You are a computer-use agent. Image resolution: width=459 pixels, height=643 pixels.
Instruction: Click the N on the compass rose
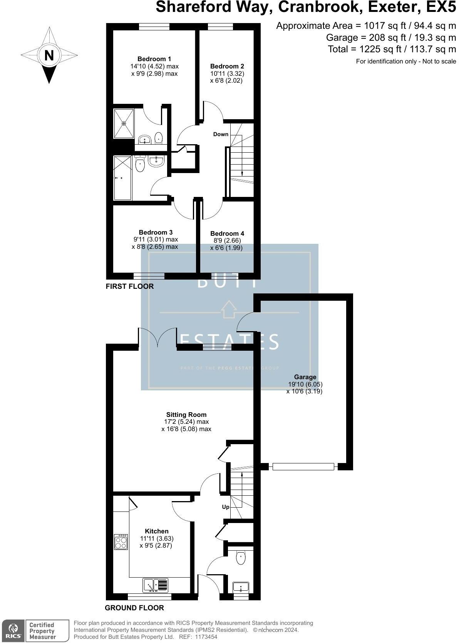[x=49, y=56]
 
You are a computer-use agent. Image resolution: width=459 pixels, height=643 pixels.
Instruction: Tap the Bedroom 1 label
[x=154, y=59]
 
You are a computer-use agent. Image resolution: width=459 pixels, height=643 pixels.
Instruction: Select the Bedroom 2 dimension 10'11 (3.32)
[x=227, y=73]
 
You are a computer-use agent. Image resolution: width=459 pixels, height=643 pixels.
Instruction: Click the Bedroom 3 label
[x=155, y=232]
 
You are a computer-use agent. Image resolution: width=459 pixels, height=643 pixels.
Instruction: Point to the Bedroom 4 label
[x=227, y=233]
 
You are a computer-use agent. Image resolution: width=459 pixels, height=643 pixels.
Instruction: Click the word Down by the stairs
[x=221, y=134]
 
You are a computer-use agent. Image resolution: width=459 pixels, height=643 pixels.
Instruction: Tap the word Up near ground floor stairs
[x=226, y=507]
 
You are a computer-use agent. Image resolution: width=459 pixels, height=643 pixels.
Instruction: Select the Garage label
[x=305, y=377]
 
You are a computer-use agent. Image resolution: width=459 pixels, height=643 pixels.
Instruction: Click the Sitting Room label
[x=186, y=415]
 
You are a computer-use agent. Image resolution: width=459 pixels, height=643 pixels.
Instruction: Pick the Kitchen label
[x=157, y=531]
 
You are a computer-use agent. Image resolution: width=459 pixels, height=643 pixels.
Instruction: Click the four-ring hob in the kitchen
[x=121, y=542]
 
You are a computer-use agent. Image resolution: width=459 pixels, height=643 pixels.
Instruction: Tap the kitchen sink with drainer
[x=156, y=585]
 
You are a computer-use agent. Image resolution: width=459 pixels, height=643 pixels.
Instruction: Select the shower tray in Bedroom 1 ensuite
[x=124, y=123]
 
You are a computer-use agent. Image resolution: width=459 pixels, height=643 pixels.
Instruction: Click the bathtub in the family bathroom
[x=123, y=178]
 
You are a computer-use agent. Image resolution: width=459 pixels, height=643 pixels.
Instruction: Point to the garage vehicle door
[x=303, y=466]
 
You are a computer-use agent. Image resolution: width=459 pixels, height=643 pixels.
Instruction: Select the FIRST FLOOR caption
[x=129, y=286]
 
